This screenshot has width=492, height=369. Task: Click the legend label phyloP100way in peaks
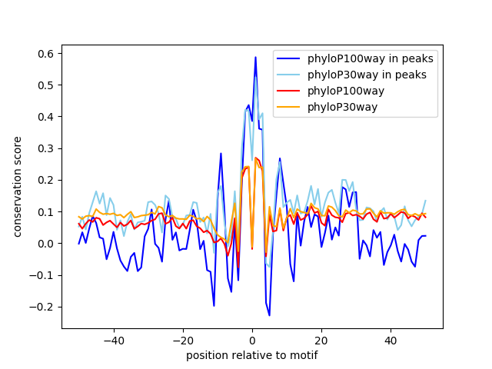[x=371, y=58]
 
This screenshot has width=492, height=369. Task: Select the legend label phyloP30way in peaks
[x=367, y=75]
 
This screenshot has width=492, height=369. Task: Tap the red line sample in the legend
[x=288, y=91]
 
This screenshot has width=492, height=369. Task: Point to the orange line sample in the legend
[x=288, y=107]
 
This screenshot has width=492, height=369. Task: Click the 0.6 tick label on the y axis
[x=46, y=54]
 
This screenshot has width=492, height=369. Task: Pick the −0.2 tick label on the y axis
[x=42, y=307]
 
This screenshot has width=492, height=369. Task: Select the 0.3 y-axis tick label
[x=46, y=148]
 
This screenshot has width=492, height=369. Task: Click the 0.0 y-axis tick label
[x=46, y=244]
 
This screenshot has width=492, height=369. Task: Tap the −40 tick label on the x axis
[x=114, y=341]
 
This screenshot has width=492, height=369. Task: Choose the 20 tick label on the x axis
[x=321, y=341]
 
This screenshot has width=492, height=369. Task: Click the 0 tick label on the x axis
[x=252, y=341]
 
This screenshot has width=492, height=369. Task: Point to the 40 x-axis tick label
[x=391, y=341]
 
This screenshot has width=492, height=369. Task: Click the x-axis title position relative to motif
[x=252, y=355]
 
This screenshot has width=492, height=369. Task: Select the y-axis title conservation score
[x=18, y=187]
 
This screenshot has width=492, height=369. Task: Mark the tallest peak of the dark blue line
[x=256, y=57]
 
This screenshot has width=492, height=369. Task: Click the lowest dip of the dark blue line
[x=269, y=315]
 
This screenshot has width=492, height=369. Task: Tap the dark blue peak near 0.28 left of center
[x=221, y=154]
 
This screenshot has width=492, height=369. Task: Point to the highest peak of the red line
[x=256, y=158]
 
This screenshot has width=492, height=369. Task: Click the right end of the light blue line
[x=426, y=200]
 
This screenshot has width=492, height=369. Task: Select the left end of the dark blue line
[x=78, y=244]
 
